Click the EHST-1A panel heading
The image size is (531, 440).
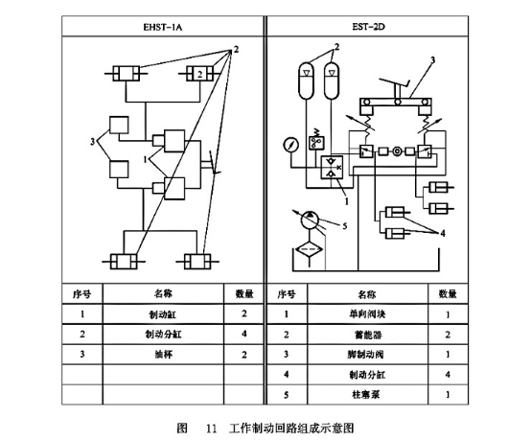point(163,29)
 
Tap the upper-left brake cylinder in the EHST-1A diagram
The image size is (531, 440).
point(128,73)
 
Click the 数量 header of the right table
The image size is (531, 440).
point(448,293)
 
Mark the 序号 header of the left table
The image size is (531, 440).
point(82,293)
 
